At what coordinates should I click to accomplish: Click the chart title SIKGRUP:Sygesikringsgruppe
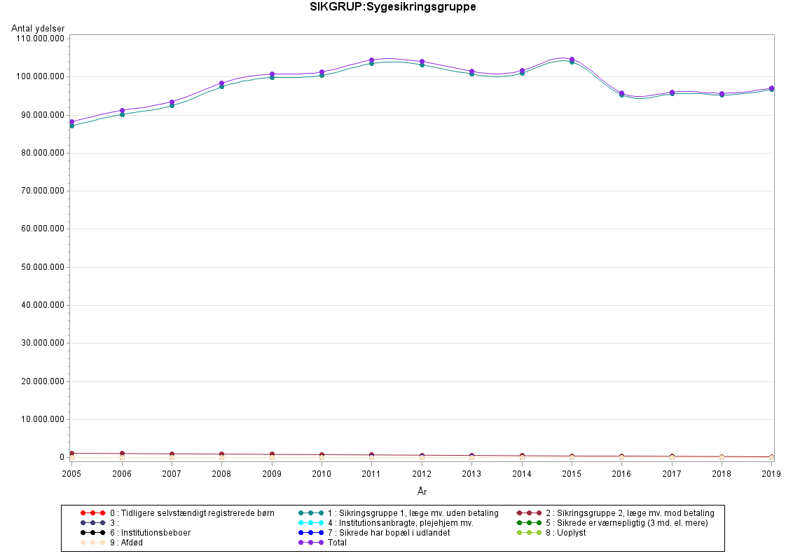(x=393, y=8)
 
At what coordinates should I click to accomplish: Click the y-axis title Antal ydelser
(x=38, y=28)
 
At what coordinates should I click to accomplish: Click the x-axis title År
(x=421, y=491)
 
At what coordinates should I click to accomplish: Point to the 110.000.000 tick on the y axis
(x=40, y=38)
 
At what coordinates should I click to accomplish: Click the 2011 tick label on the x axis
(x=371, y=473)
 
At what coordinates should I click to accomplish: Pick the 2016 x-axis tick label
(x=621, y=473)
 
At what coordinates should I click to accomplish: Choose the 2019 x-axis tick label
(x=770, y=473)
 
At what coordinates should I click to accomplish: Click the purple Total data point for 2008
(x=222, y=83)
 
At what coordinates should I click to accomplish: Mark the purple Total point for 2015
(x=572, y=60)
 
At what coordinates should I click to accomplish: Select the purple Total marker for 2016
(x=621, y=93)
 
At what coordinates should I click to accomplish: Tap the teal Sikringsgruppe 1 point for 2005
(x=71, y=126)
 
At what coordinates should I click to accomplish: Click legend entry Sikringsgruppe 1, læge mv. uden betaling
(x=413, y=513)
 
